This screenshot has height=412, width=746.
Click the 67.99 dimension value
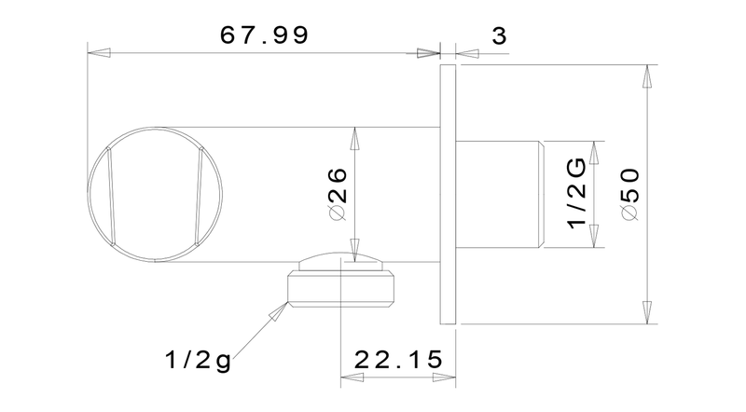(x=265, y=35)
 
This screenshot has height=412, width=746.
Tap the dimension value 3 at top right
(x=499, y=36)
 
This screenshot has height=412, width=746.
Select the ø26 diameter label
(x=338, y=195)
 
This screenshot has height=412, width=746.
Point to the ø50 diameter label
(x=631, y=194)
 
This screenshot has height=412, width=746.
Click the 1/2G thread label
(x=577, y=194)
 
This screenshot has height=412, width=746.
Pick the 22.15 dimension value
(x=398, y=360)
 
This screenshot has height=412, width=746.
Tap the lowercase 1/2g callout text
(x=198, y=360)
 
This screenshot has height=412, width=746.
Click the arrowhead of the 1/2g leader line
(x=278, y=311)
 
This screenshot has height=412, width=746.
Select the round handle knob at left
(x=155, y=194)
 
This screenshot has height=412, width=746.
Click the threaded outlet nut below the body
(x=341, y=289)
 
